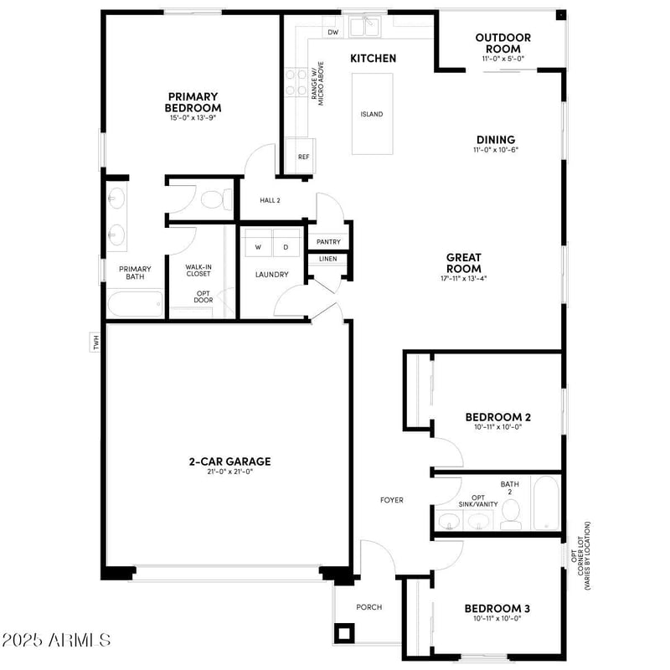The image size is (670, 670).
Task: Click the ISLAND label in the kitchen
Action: click(x=372, y=114)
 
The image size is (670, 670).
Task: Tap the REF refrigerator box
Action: click(x=303, y=157)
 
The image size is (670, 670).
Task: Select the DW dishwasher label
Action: click(x=332, y=33)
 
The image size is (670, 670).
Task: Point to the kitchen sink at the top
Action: click(x=365, y=28)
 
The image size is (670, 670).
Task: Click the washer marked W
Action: click(x=258, y=247)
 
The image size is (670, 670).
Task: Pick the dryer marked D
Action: click(x=286, y=247)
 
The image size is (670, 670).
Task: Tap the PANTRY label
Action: click(x=328, y=242)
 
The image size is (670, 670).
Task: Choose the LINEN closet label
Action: click(x=328, y=259)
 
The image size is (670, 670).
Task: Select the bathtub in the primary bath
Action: click(x=135, y=303)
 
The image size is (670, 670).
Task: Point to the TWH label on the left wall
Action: click(x=96, y=342)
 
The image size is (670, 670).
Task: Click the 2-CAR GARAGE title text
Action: click(x=229, y=461)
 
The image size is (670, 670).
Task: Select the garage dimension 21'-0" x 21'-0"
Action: click(x=229, y=472)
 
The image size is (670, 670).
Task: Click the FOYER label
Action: click(x=392, y=500)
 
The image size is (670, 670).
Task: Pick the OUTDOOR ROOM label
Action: click(x=502, y=43)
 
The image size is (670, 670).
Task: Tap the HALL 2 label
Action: click(x=270, y=200)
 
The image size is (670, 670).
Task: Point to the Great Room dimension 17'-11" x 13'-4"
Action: click(x=463, y=278)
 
